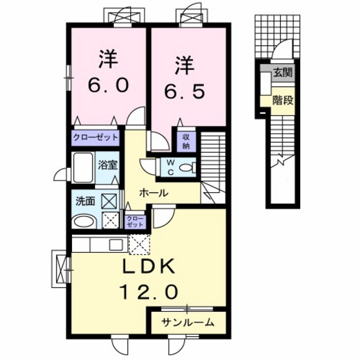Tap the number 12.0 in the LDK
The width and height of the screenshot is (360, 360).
tap(147, 292)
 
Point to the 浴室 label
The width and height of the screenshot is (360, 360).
tap(107, 165)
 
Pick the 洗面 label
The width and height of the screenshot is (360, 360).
tap(85, 201)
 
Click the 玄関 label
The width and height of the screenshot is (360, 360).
tap(282, 73)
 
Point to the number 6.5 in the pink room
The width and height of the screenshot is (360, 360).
tap(184, 92)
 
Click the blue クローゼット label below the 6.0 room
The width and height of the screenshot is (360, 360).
tap(95, 138)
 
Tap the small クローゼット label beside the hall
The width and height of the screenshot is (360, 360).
tap(135, 222)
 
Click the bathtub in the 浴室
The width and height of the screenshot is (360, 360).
tap(83, 168)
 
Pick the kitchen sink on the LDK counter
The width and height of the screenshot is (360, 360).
tap(116, 244)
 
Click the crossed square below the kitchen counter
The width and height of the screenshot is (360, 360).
tap(138, 244)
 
